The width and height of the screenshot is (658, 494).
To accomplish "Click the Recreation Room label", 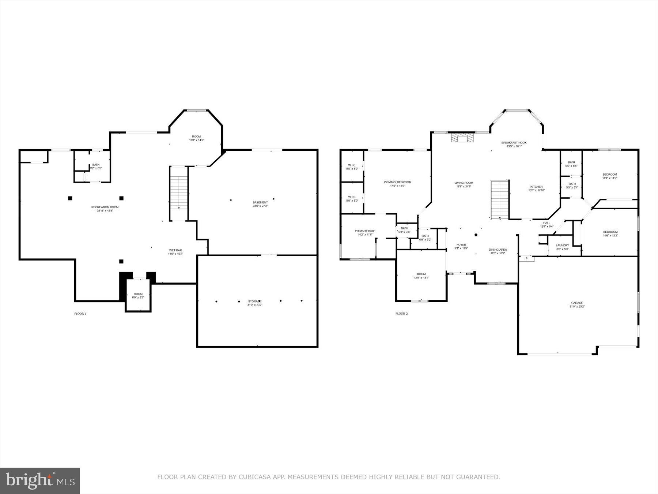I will point(105,209).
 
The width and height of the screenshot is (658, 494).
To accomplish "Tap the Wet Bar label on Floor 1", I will point(175,252).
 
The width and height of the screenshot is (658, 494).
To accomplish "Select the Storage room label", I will point(255,303).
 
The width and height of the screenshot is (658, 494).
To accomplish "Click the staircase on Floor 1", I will point(179,193).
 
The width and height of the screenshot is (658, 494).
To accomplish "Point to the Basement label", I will point(260,204).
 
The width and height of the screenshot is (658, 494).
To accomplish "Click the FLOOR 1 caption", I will point(80,314).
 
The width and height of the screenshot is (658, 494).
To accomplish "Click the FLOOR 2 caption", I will point(401,314).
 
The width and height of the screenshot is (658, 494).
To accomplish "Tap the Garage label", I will point(577,304).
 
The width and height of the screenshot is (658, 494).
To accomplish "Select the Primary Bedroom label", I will point(397,184).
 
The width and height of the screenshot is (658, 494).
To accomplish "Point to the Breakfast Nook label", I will point(514,144).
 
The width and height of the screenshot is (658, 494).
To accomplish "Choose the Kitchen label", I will point(537,188).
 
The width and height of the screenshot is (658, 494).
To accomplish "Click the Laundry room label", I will point(562,247).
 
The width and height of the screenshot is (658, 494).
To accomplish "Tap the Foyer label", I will point(461,246).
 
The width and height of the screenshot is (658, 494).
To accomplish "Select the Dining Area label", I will point(498,251).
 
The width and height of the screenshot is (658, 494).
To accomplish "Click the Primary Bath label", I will point(365,232).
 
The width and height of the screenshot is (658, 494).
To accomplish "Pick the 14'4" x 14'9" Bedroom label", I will point(610,176).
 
